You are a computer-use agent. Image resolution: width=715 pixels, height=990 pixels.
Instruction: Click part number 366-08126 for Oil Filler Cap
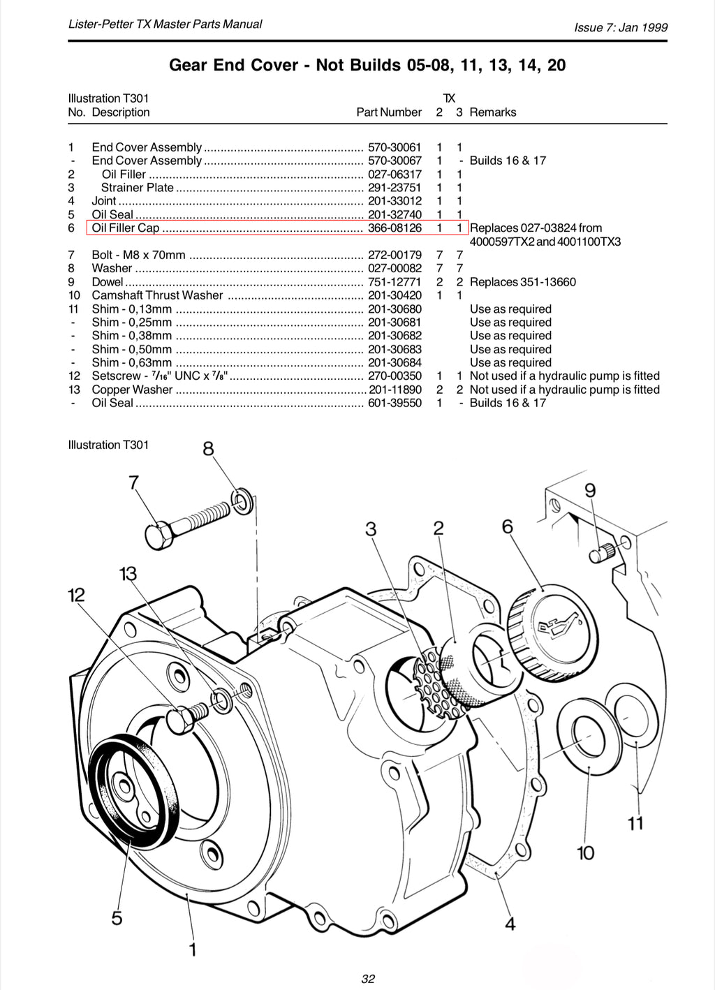(x=395, y=228)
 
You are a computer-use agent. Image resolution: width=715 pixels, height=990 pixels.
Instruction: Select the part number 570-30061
(x=395, y=147)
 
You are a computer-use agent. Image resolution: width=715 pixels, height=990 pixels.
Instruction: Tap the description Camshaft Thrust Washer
(x=157, y=295)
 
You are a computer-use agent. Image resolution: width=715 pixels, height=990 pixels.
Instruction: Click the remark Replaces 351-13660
(x=523, y=282)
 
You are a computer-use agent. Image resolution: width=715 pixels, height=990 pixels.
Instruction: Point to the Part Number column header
(x=389, y=112)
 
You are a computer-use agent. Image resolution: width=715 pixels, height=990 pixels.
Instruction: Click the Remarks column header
(x=493, y=112)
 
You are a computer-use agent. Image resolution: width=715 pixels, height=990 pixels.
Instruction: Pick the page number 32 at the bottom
(x=368, y=979)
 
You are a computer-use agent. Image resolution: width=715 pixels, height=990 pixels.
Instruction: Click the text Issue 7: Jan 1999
(x=621, y=28)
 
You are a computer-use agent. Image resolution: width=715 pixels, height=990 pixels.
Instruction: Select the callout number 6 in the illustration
(x=508, y=526)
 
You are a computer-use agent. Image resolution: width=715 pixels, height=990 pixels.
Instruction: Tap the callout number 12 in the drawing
(x=76, y=595)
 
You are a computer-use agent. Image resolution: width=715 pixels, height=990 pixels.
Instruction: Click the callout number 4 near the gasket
(x=510, y=924)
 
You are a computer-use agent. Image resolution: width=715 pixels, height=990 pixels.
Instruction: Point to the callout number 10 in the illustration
(x=585, y=852)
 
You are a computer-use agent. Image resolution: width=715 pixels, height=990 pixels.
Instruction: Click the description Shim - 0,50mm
(x=131, y=349)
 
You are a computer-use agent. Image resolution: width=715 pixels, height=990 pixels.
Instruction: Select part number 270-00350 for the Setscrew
(x=395, y=376)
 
